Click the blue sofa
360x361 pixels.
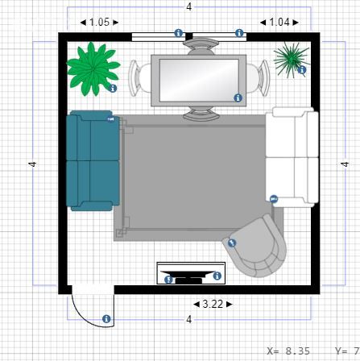click(93, 160)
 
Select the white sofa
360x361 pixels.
click(292, 157)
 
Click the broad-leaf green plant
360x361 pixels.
click(93, 69)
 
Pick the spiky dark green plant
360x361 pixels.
click(291, 60)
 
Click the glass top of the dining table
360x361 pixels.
click(199, 81)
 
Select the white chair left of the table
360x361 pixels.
click(139, 78)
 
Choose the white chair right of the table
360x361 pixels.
click(259, 78)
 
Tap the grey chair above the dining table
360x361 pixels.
click(201, 47)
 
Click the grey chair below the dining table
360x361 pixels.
click(201, 113)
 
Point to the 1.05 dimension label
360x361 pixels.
click(99, 22)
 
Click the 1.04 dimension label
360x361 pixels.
click(279, 22)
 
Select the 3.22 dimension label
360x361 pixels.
click(213, 304)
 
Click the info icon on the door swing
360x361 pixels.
click(106, 319)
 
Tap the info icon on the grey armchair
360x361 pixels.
click(232, 243)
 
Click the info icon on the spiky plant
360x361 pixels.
click(302, 70)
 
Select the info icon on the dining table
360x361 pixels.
click(238, 98)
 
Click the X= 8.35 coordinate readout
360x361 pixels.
click(288, 351)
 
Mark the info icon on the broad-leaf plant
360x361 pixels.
click(113, 88)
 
